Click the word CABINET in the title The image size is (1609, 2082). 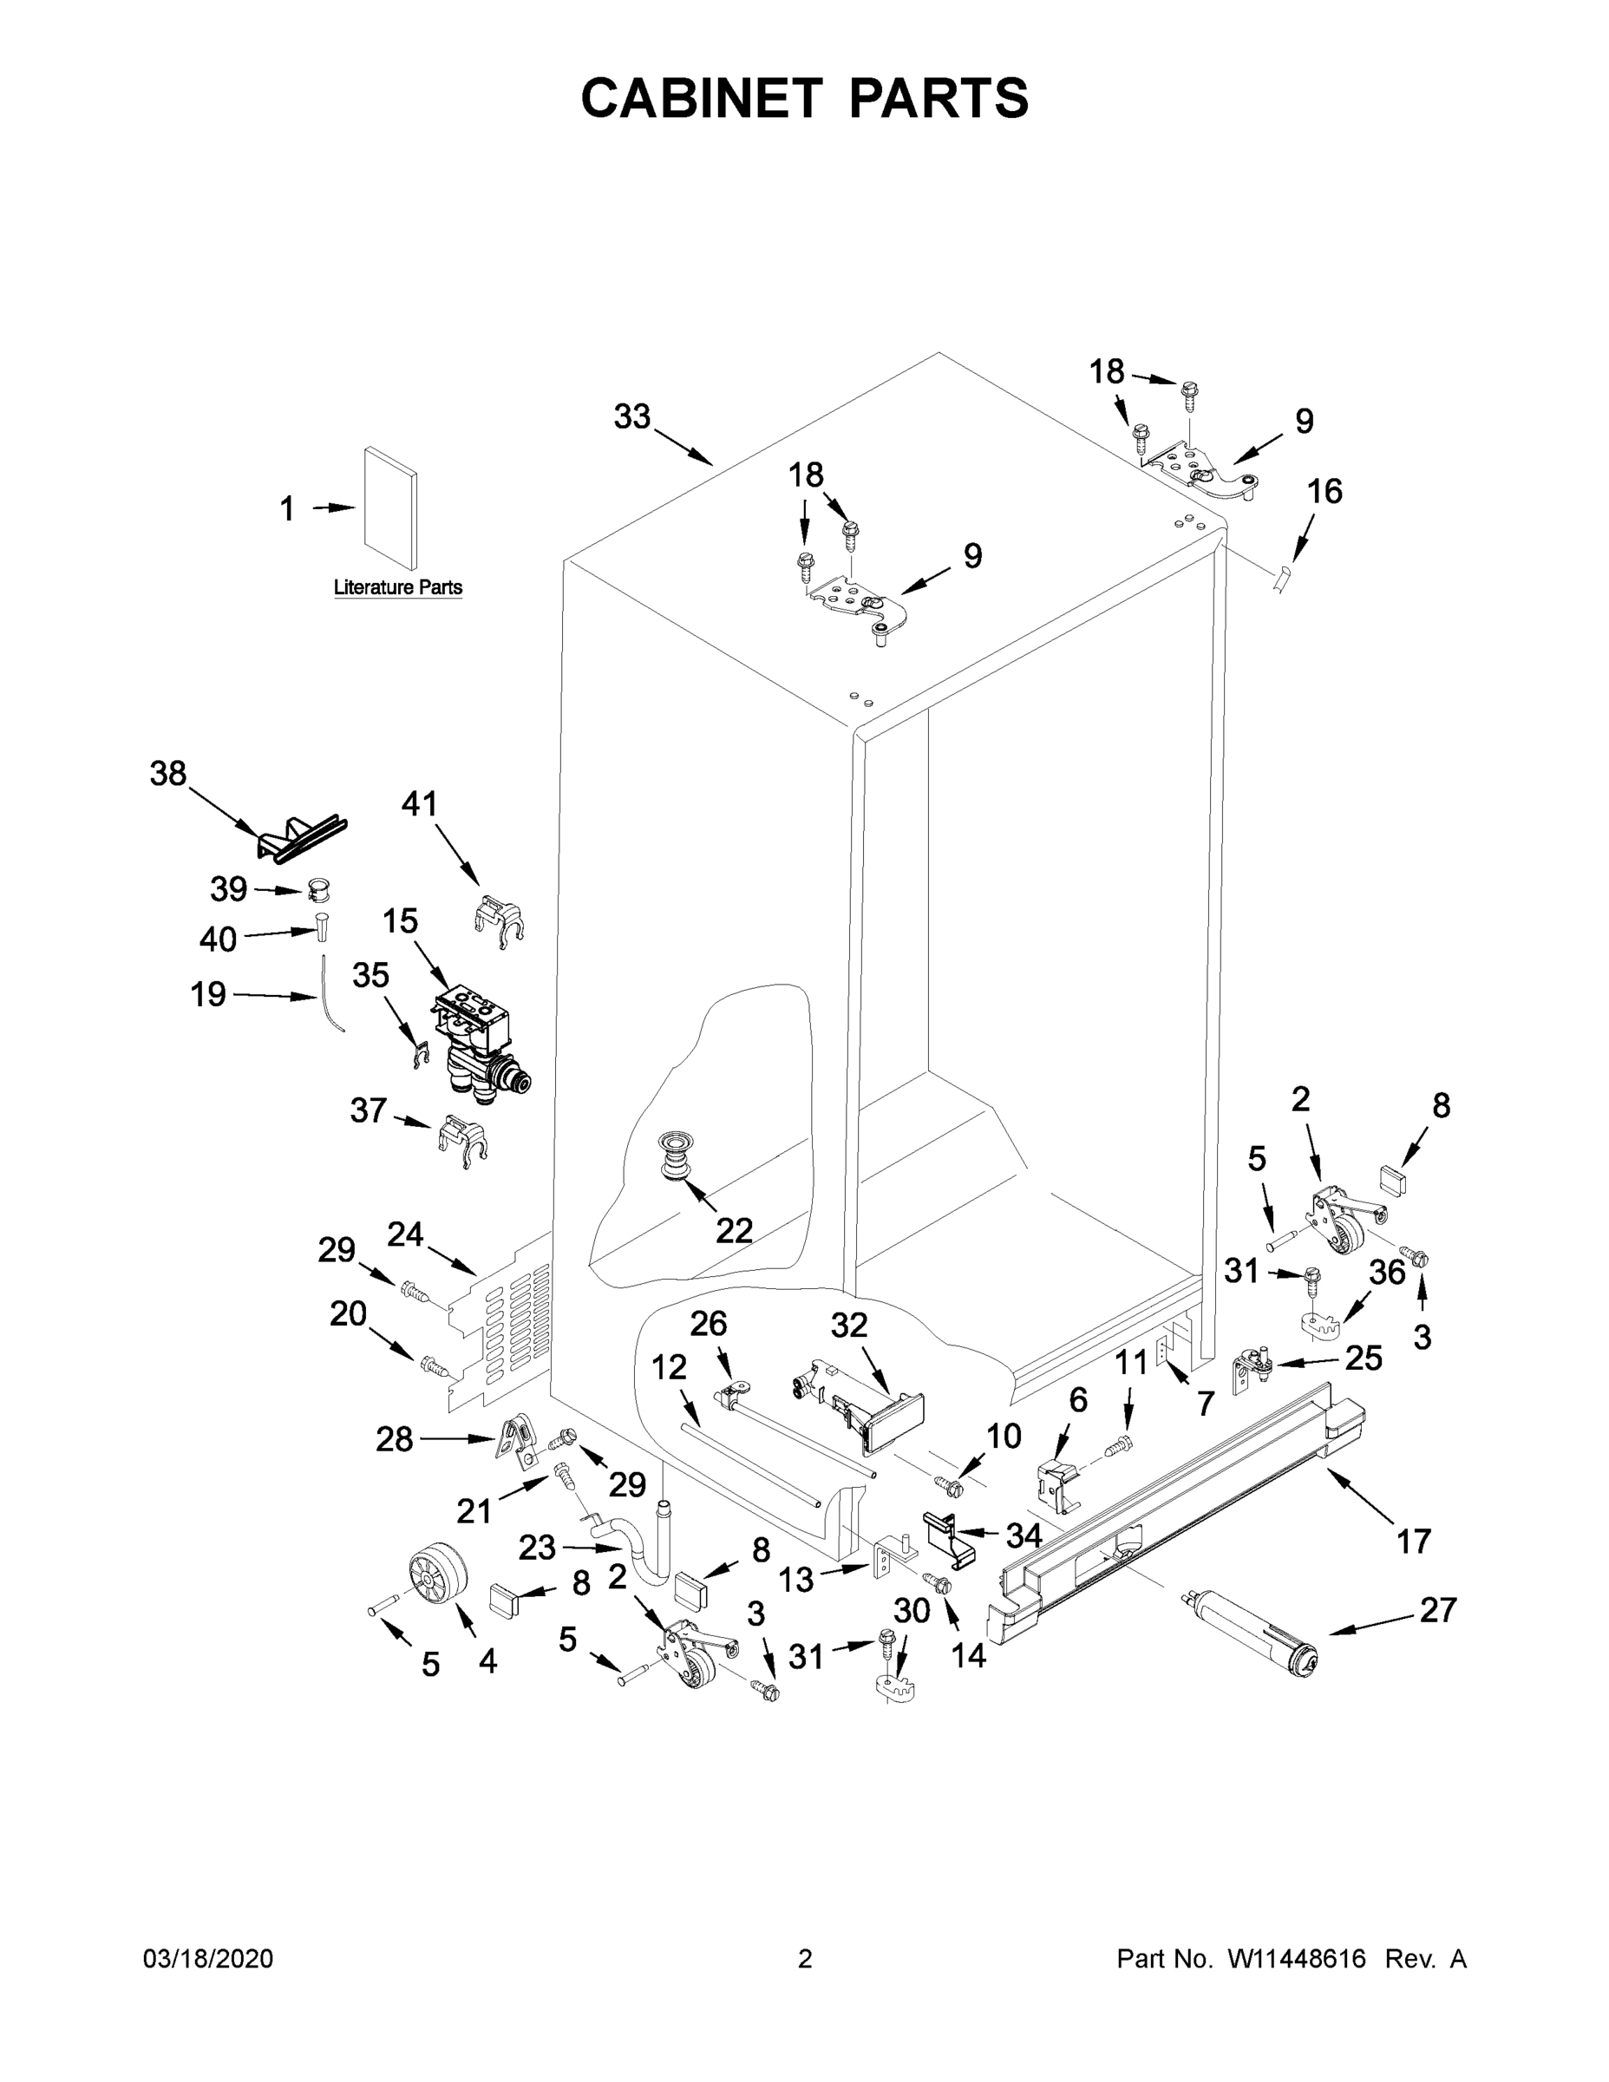tap(702, 97)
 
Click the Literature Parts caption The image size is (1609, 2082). tap(397, 587)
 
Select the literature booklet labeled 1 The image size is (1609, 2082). tap(389, 512)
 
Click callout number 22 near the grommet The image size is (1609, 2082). tap(734, 1231)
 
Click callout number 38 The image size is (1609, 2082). tap(167, 773)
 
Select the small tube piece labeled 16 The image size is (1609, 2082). tap(1283, 579)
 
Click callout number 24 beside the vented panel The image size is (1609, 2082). tap(405, 1234)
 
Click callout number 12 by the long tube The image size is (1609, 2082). tap(668, 1367)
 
